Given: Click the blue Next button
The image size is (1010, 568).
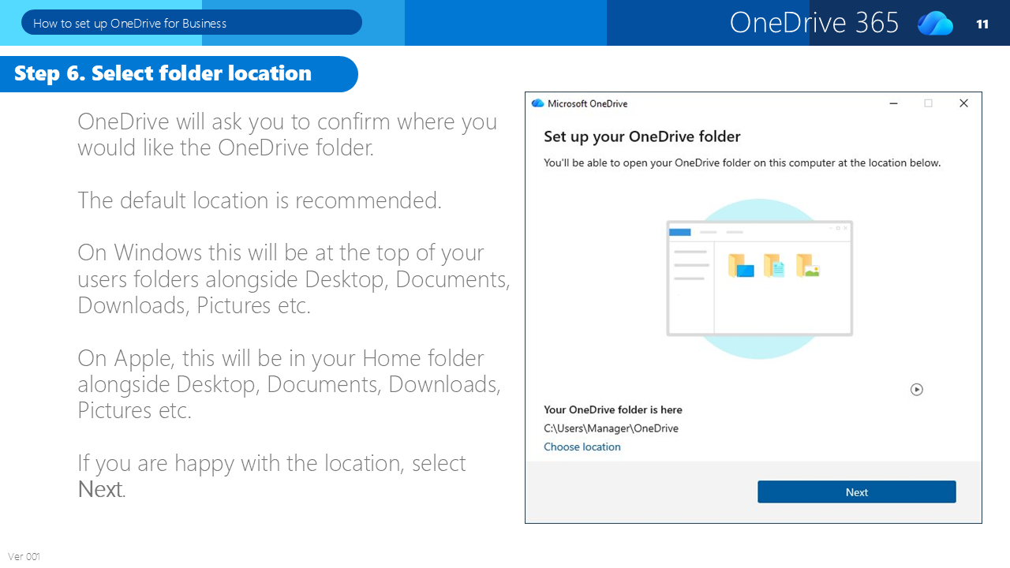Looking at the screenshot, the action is (856, 491).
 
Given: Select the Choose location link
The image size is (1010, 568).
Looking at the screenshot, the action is (582, 447).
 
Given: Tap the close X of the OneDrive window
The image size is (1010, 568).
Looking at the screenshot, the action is (963, 103).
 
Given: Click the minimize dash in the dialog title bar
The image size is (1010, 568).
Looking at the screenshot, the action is (893, 103).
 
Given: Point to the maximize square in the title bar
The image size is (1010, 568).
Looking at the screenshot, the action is (929, 103).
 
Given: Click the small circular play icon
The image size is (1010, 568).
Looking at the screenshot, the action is (917, 390).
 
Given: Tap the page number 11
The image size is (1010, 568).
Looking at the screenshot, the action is (982, 24).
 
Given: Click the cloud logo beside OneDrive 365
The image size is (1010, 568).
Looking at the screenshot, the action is (936, 23).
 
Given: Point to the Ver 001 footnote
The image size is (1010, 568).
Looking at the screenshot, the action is (24, 556).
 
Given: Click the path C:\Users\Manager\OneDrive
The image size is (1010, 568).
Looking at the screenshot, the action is (611, 428).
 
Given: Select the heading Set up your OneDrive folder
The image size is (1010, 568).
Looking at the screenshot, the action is (642, 136).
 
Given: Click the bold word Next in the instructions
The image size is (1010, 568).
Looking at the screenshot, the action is (100, 490).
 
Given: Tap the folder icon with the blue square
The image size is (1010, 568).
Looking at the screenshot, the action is (740, 266).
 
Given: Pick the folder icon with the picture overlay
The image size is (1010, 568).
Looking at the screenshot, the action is (807, 266).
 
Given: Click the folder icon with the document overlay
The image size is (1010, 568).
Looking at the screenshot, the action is (774, 266).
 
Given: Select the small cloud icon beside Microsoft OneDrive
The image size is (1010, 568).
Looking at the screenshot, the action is (537, 103).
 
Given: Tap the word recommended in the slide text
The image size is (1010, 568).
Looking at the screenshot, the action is (368, 200).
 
